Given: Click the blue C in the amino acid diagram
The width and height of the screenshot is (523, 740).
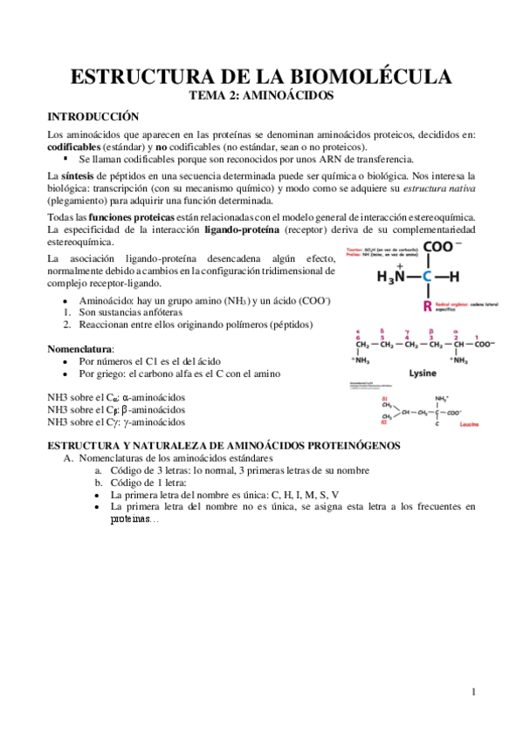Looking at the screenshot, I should point(427,277).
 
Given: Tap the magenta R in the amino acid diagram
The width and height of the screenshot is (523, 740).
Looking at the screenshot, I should point(426,305).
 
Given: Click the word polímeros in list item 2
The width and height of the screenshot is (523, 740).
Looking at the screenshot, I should point(249,324).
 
